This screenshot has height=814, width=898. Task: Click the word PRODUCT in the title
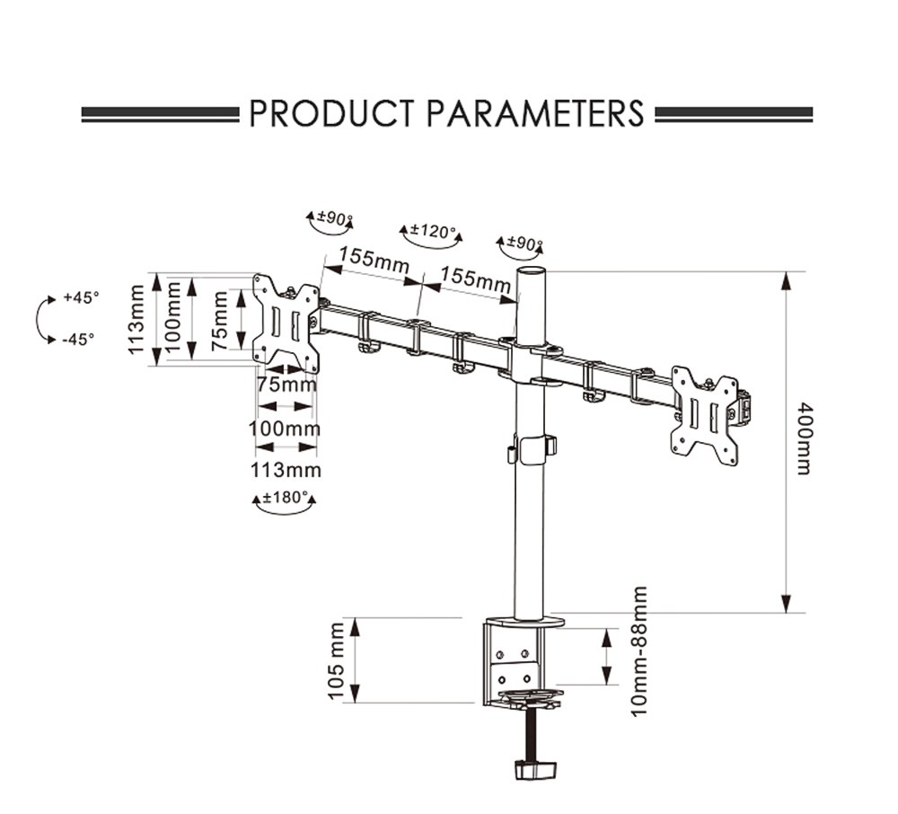pos(330,114)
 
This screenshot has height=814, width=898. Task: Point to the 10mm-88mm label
pos(638,650)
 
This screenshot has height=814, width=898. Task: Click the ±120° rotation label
pos(429,232)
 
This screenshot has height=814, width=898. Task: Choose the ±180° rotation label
pos(285,497)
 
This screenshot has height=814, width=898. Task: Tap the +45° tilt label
pos(81,298)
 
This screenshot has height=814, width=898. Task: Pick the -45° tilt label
pos(79,339)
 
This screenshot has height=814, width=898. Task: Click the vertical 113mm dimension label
pos(136,320)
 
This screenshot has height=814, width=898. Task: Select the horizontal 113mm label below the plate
pos(286,470)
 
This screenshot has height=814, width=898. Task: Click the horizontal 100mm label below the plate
pos(285,429)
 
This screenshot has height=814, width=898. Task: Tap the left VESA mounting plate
pos(286,323)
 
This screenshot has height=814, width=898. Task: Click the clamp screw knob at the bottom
pos(534,770)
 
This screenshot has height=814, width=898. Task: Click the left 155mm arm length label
pos(367,260)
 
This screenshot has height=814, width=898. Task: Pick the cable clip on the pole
pos(532,447)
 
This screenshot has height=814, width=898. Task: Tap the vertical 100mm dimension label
pos(175,318)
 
